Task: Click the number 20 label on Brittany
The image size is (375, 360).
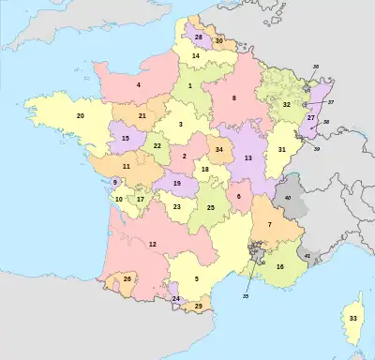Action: (x=81, y=115)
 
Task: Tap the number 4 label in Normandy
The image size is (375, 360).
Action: (x=139, y=85)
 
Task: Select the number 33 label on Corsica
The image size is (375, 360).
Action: (x=352, y=319)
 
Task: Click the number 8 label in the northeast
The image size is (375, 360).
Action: (x=234, y=97)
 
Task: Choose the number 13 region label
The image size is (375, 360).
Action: (x=248, y=158)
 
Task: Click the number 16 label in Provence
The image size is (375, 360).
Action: (x=279, y=266)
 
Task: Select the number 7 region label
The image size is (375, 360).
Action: (x=270, y=224)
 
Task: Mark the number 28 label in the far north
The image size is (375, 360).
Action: (x=199, y=37)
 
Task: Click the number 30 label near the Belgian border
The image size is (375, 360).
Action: (x=218, y=41)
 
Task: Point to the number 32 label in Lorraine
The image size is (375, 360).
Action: (x=287, y=105)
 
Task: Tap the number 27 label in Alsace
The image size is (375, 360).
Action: (x=310, y=118)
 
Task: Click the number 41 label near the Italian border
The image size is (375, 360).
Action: (x=307, y=255)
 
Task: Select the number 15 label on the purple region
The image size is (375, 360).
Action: (x=125, y=138)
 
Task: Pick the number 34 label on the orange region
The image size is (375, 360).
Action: (x=219, y=149)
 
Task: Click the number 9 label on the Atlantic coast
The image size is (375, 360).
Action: (x=115, y=182)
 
